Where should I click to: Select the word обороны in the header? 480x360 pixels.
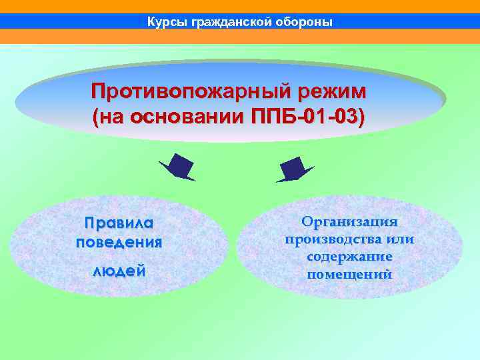point(303,22)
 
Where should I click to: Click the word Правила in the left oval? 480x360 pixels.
point(119,222)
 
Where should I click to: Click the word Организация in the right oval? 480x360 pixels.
point(349,222)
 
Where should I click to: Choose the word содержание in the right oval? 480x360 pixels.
point(349,257)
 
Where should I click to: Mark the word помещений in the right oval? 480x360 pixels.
point(349,274)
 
